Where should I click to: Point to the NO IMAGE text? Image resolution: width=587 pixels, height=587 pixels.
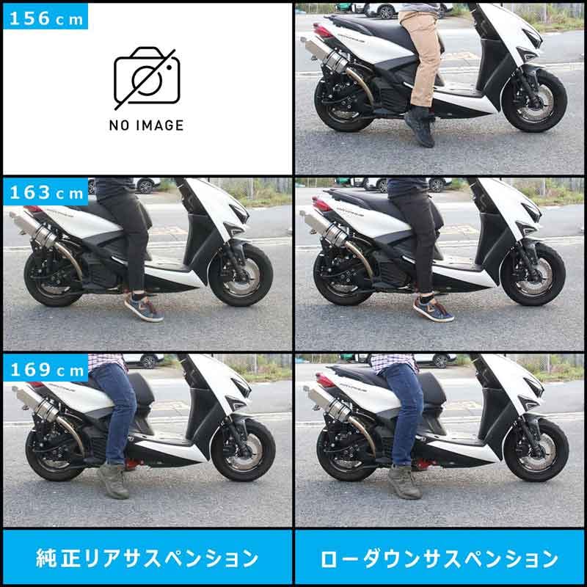point(146,125)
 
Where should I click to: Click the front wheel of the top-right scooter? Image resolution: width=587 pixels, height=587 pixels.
point(533,101)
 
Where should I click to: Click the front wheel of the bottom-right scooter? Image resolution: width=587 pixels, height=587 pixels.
point(535,450)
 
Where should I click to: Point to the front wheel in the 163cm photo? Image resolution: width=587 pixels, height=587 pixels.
point(241,274)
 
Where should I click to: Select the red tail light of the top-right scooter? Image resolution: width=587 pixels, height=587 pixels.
point(322,30)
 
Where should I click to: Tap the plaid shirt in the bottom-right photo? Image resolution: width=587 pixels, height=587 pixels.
point(393,360)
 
